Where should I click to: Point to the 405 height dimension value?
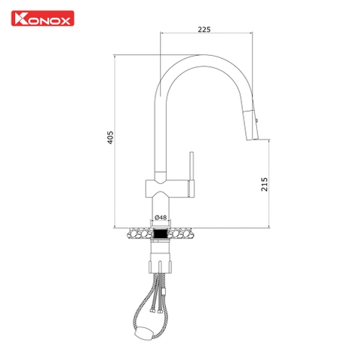click(x=111, y=137)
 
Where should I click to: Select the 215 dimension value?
click(x=264, y=185)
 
